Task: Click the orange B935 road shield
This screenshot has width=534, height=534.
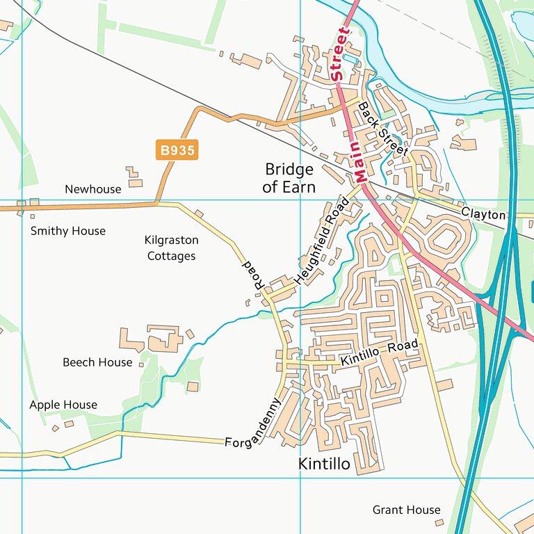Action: coord(177,150)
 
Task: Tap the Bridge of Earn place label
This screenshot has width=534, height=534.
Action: coord(289,179)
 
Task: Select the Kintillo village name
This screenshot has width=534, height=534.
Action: coord(323,463)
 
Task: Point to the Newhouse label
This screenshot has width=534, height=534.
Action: coord(92,189)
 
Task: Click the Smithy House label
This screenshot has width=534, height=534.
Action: coord(68,231)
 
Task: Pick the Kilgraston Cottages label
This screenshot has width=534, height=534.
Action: coord(171,248)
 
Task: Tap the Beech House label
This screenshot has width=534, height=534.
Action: coord(97,362)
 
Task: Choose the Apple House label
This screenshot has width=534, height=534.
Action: coord(63,405)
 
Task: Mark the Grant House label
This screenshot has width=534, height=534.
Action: coord(406,510)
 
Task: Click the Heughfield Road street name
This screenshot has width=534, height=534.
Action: coord(321,240)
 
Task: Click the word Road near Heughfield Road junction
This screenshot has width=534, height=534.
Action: coord(251,275)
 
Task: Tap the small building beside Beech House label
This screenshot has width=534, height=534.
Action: coord(141,364)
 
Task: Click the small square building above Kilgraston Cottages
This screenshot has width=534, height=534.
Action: coord(199,213)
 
